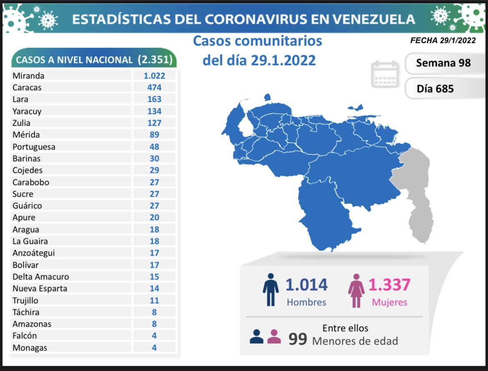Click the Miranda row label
point(28,76)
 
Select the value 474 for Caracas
point(154,88)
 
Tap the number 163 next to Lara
point(154,99)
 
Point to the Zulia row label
point(21,123)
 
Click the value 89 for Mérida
point(154,135)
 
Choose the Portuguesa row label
point(34,147)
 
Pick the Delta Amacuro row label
point(41,277)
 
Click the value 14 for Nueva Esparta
point(154,288)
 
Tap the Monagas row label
point(30,348)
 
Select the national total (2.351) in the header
point(155,60)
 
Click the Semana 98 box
point(443,63)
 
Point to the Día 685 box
point(435,89)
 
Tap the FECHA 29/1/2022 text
point(443,41)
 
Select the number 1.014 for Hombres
point(307,285)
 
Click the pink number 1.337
point(389,285)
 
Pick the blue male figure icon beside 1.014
point(271,290)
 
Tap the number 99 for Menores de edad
point(298,340)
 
